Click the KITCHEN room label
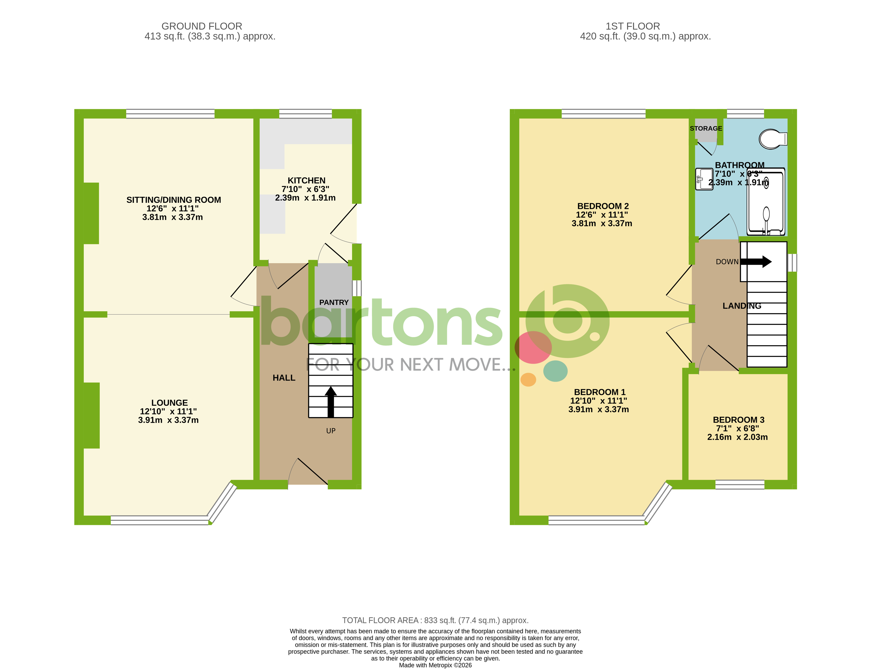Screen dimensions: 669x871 [306, 180]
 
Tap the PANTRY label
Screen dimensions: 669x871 [333, 302]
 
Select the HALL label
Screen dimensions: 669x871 [284, 377]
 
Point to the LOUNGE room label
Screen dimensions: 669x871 [169, 402]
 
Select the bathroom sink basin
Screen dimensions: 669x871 [704, 179]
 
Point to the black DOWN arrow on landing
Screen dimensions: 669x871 [756, 262]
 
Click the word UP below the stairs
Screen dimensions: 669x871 [331, 431]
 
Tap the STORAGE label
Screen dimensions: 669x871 [706, 128]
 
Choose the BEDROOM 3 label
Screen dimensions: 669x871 [738, 420]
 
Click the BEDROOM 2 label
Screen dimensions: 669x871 [602, 206]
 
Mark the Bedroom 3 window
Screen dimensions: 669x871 [739, 484]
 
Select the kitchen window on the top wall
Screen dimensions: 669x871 [305, 114]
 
